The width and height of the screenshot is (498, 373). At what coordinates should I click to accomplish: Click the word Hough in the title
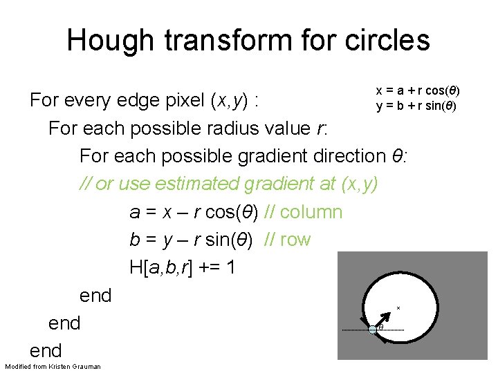114,40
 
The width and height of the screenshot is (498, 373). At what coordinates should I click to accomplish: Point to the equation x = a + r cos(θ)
418,91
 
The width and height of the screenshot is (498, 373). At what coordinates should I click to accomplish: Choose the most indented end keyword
95,295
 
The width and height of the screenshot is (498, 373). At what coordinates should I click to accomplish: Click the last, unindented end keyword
46,350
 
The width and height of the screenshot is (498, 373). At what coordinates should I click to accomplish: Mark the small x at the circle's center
398,307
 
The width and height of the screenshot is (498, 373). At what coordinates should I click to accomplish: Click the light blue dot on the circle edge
373,329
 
